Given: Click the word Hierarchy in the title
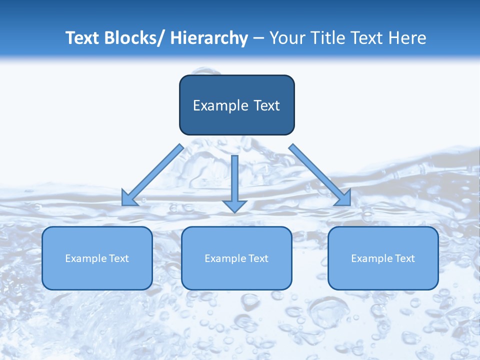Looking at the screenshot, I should tap(209, 38).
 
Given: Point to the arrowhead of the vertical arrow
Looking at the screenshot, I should tap(234, 205).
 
